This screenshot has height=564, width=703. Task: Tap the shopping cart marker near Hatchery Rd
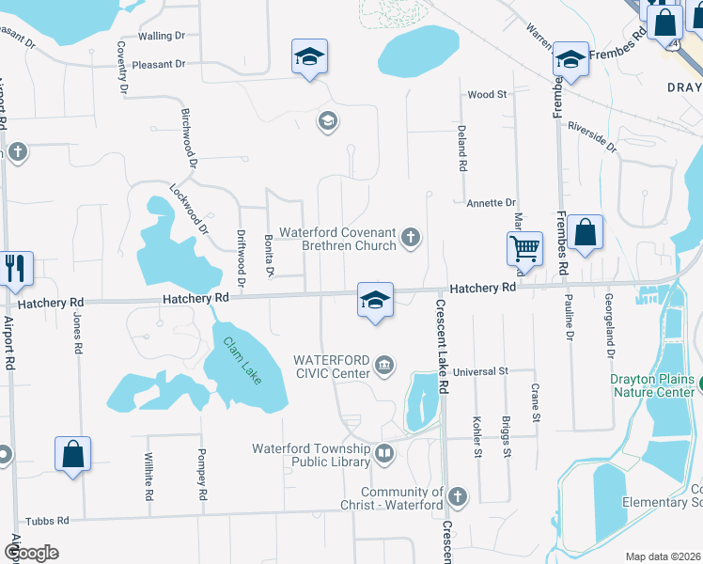524,249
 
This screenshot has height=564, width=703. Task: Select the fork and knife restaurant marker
16,268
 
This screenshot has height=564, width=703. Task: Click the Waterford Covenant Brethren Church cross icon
410,238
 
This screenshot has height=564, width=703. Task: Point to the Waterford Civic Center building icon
383,365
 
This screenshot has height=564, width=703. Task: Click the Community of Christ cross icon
457,495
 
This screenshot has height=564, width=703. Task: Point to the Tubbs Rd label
48,520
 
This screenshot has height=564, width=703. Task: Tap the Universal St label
479,371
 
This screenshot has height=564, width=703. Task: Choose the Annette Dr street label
491,202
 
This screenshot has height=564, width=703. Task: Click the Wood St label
487,95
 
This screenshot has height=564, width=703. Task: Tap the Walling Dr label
163,36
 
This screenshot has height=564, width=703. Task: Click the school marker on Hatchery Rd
375,300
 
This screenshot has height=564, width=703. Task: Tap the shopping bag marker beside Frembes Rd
585,232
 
